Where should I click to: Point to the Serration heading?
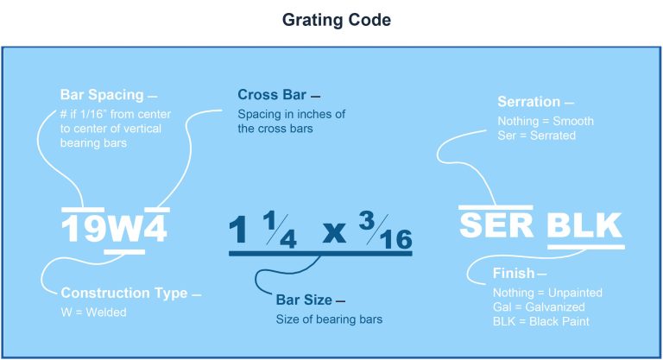click(x=529, y=102)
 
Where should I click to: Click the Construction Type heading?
click(x=123, y=294)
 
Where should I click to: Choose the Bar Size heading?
click(x=304, y=300)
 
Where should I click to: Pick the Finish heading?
click(x=513, y=274)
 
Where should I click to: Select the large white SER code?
click(x=496, y=224)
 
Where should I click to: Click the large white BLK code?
click(x=584, y=225)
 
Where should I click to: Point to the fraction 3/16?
click(x=385, y=231)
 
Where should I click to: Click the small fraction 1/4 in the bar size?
click(x=280, y=231)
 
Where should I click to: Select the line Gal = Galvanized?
click(x=539, y=307)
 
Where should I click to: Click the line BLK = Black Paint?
click(x=542, y=322)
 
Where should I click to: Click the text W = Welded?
click(x=93, y=313)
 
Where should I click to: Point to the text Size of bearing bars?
click(x=329, y=319)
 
